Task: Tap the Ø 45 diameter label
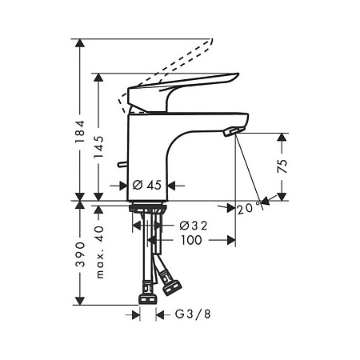[148, 185]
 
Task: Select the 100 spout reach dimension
[190, 239]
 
